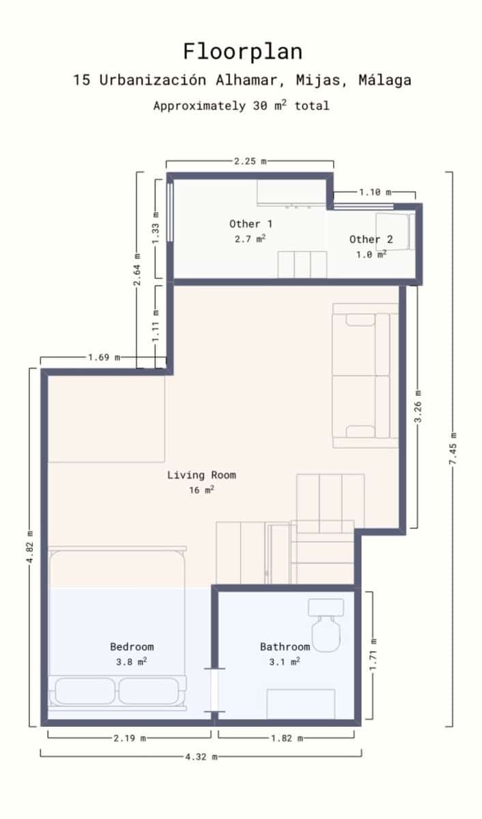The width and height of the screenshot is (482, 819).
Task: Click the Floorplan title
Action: tap(242, 51)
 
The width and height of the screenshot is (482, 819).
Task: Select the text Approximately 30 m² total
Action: tap(241, 106)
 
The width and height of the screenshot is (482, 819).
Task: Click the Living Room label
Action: tap(201, 475)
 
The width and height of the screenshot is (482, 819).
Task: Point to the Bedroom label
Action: tap(132, 646)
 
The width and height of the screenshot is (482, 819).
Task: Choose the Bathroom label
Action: tap(285, 646)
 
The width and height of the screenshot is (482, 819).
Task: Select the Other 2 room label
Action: tap(371, 239)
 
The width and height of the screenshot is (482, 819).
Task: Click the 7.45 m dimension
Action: tap(453, 449)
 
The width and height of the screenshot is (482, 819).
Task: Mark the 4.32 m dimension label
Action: tap(201, 756)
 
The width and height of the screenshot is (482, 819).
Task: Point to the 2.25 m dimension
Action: tap(250, 161)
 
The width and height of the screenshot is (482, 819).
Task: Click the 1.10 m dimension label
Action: tap(375, 192)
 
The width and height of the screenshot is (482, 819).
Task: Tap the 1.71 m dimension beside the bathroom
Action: tap(373, 655)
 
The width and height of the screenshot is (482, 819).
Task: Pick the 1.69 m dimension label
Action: tap(104, 357)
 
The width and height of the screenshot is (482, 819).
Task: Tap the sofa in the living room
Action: tap(365, 375)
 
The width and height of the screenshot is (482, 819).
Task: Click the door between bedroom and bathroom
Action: tap(214, 691)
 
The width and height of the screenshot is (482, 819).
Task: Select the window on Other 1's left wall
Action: tap(170, 210)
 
